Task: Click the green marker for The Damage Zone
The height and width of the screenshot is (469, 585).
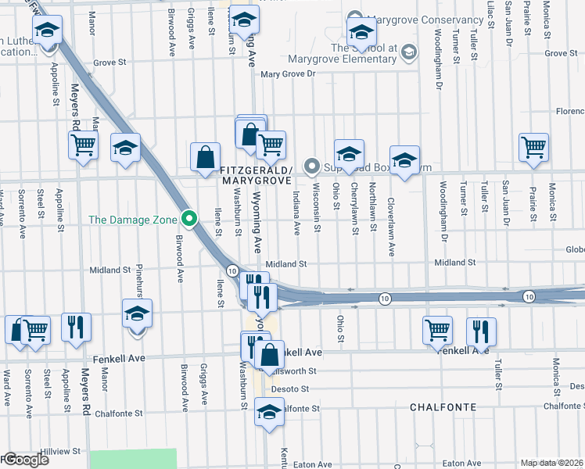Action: point(188,219)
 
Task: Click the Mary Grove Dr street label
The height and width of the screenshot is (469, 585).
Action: point(287,75)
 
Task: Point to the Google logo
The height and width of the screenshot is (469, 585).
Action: point(25,460)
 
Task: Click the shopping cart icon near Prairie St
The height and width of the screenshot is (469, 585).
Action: point(533,146)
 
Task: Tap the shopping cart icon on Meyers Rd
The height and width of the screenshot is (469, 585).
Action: point(83,145)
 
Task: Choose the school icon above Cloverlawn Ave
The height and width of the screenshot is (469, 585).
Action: point(404,160)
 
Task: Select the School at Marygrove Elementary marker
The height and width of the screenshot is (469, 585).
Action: point(407,52)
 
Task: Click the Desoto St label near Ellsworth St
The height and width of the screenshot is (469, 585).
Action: point(291,388)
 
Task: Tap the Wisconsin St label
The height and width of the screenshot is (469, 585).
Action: point(317,211)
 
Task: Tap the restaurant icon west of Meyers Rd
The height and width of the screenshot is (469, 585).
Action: point(76,327)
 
